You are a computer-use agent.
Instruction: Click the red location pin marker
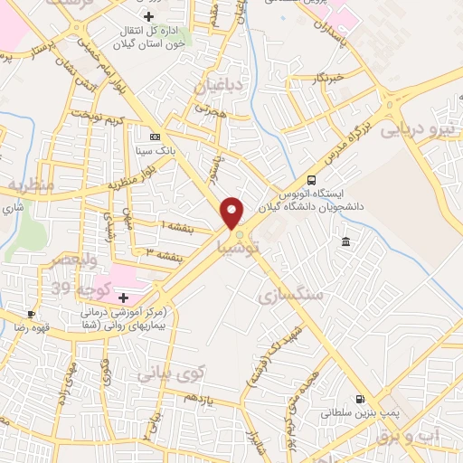[232, 213]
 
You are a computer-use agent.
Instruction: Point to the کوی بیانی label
[172, 372]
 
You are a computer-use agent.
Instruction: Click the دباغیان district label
[215, 87]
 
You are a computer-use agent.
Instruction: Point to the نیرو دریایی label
[419, 129]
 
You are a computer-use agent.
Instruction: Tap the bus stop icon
[312, 180]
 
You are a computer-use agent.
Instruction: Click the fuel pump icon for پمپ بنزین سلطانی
[361, 399]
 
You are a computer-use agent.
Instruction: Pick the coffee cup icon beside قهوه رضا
[32, 315]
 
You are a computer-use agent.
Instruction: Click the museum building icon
[346, 241]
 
